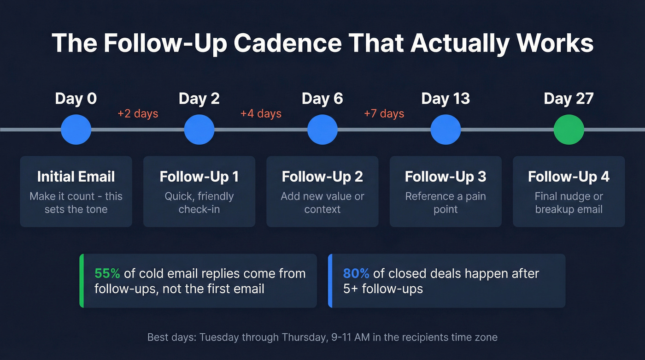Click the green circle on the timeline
[x=569, y=130]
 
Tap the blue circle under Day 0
[x=76, y=130]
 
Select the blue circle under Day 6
[x=322, y=130]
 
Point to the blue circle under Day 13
[x=446, y=130]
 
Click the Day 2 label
[x=199, y=99]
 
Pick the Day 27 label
[x=569, y=99]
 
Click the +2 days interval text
[x=138, y=113]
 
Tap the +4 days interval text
[x=261, y=113]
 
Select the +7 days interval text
[x=384, y=113]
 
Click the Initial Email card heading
[x=76, y=177]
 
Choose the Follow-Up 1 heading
[x=199, y=177]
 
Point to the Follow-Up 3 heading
[x=446, y=177]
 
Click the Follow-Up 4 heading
[x=569, y=177]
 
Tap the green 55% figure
[x=107, y=273]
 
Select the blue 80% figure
[x=356, y=273]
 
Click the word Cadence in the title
[x=288, y=43]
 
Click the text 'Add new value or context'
[x=322, y=203]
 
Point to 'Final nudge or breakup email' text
[x=569, y=203]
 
